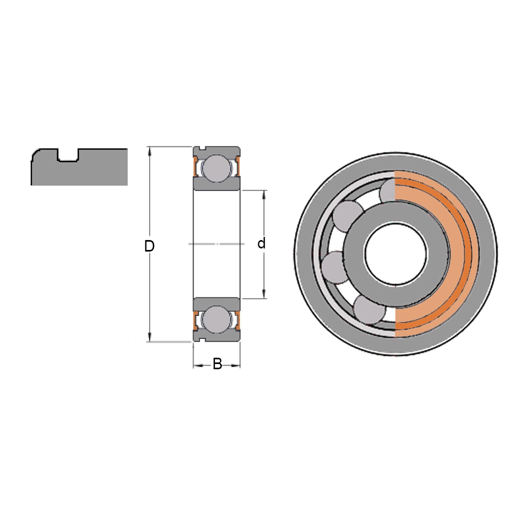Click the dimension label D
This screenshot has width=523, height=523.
[150, 246]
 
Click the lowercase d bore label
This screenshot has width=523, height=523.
[261, 244]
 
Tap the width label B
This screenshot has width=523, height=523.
[217, 364]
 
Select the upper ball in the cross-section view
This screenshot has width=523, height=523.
[217, 168]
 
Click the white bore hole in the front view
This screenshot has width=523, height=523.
[395, 254]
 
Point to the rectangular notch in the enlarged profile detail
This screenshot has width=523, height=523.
[68, 155]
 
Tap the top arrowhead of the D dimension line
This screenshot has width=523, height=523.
[150, 150]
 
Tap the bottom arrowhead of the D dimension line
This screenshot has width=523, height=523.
[150, 337]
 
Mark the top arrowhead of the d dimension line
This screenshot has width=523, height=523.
[264, 194]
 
